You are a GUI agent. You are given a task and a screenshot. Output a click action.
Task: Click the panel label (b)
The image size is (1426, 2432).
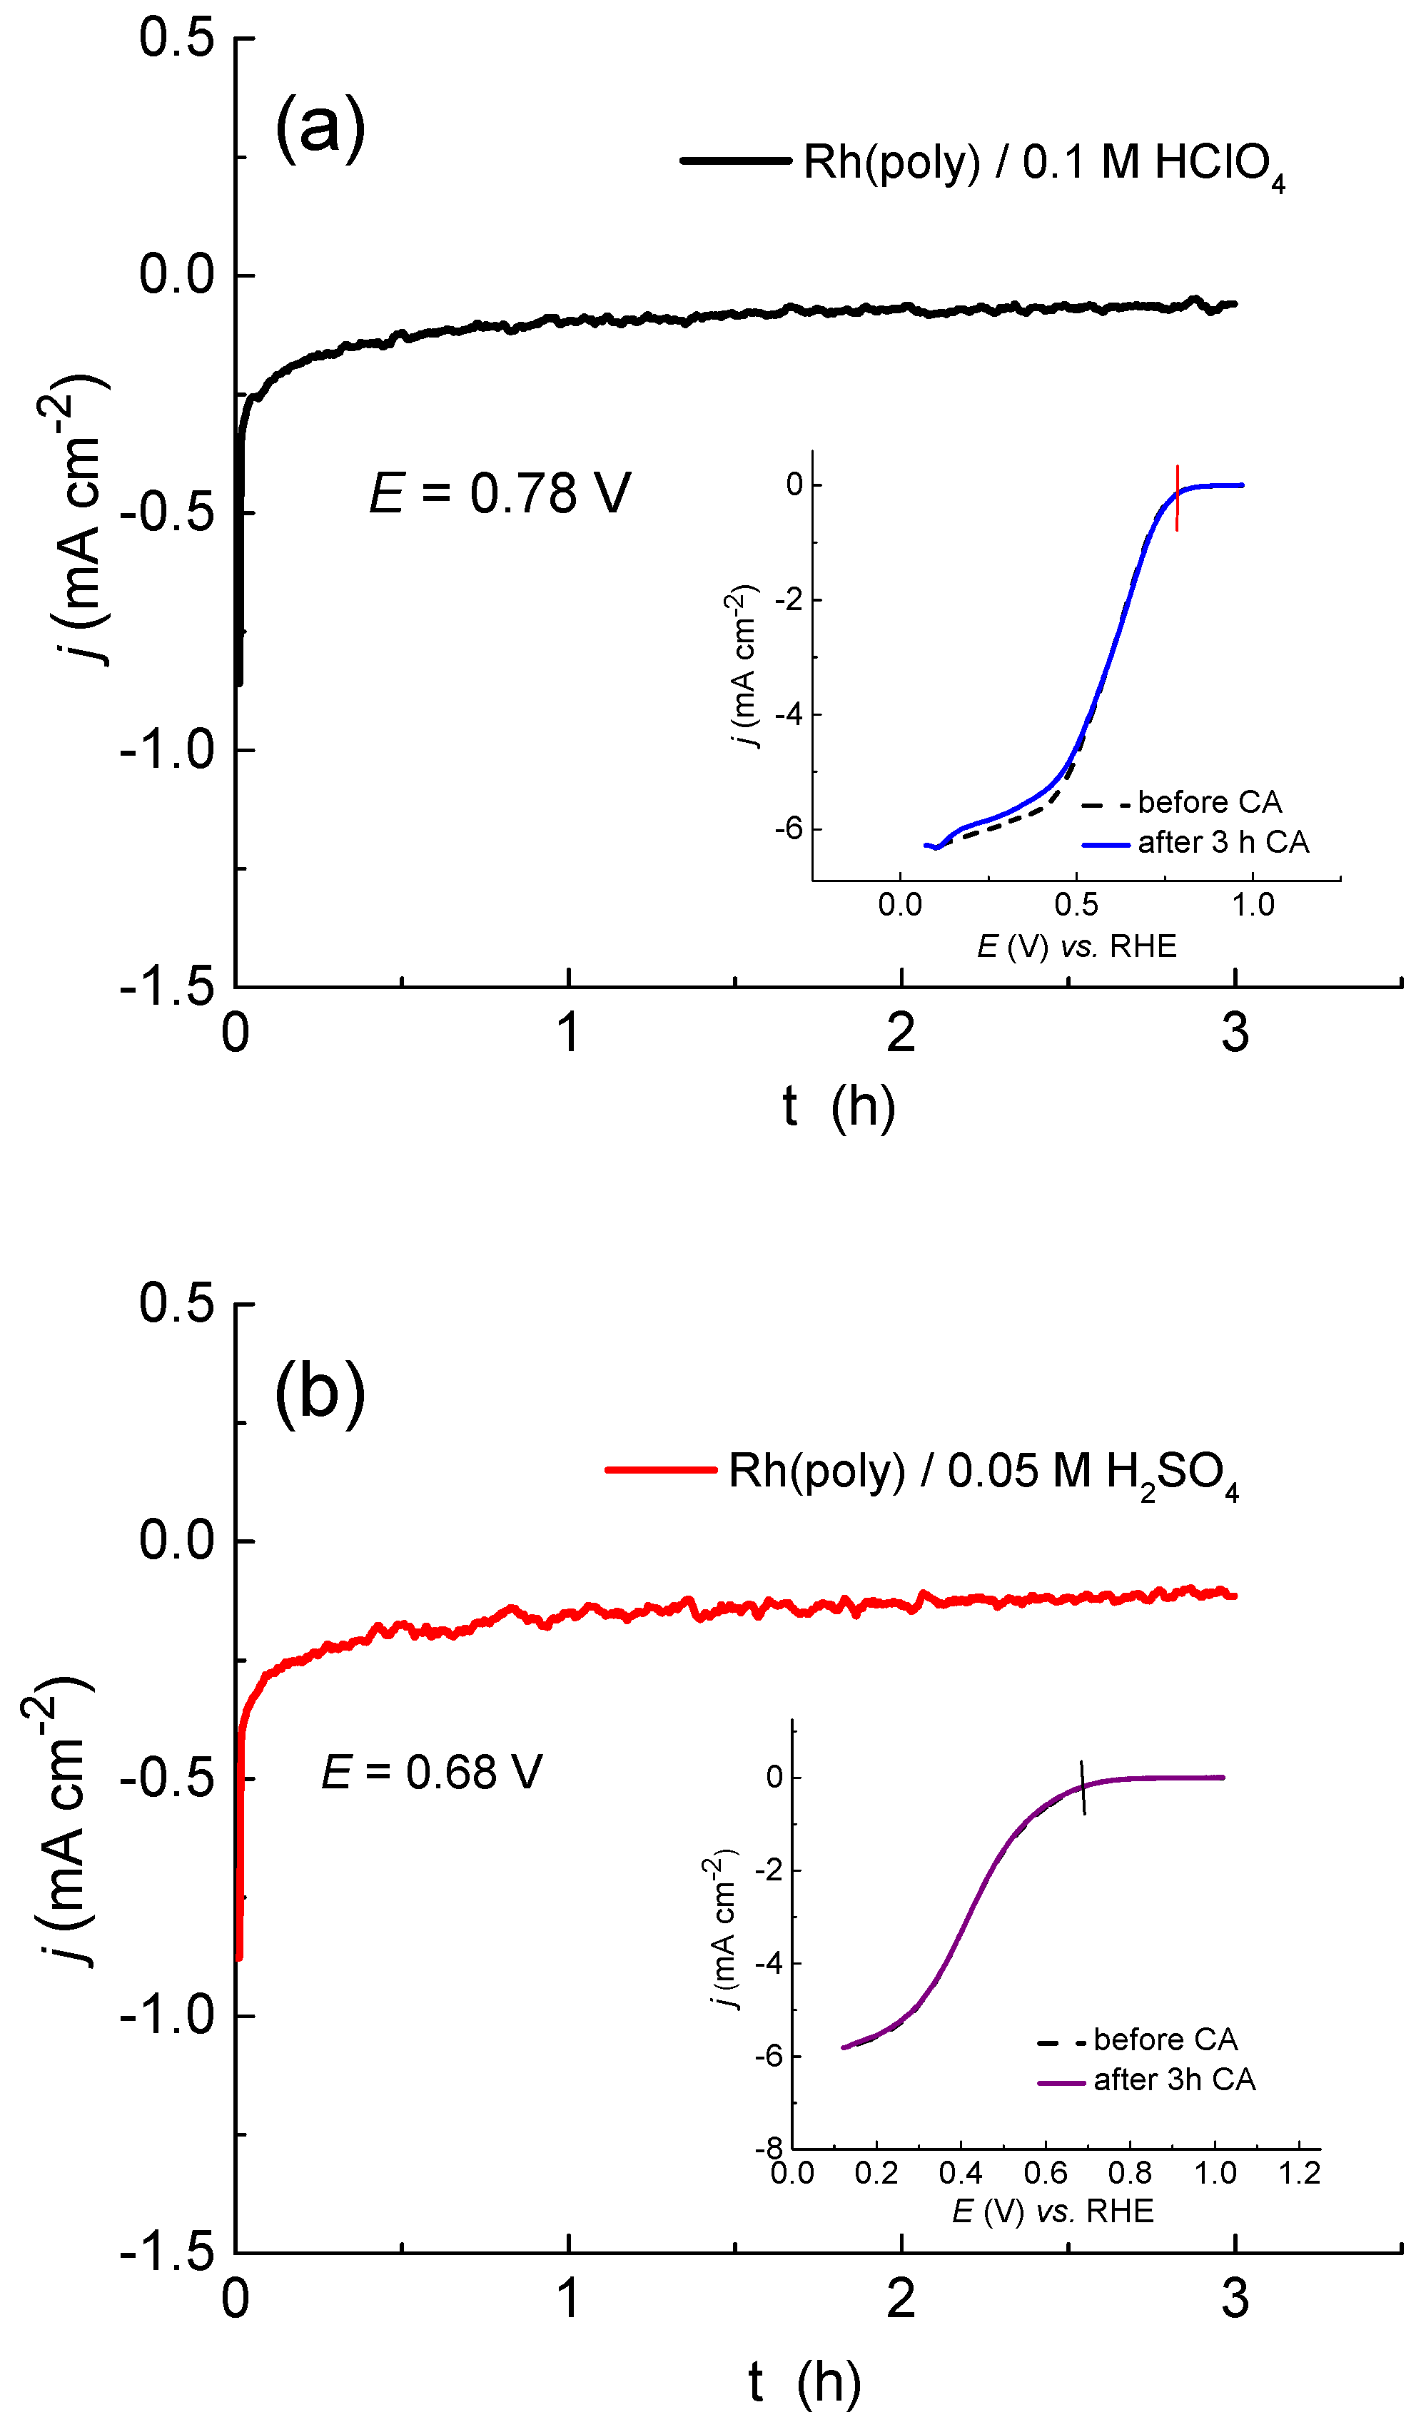coord(320,1392)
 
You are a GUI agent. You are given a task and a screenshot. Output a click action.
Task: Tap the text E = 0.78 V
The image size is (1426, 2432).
coord(500,493)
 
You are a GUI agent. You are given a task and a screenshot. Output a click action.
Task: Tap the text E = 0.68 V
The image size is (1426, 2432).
coord(432,1773)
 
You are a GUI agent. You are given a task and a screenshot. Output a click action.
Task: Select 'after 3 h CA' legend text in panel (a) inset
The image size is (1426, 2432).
coord(1223,843)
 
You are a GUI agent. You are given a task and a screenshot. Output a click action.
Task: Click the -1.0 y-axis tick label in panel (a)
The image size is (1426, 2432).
coord(166,750)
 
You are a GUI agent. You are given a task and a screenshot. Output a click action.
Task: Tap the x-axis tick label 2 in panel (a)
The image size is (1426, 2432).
coord(900,1033)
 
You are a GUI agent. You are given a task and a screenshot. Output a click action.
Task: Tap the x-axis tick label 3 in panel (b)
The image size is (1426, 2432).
coord(1234,2300)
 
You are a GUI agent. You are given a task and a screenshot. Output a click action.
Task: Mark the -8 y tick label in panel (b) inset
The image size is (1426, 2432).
coord(769,2148)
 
